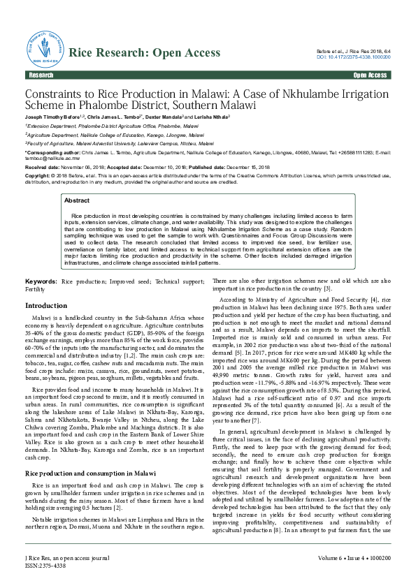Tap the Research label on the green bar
tap(41, 75)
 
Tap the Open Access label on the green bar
tap(370, 75)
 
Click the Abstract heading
tap(76, 200)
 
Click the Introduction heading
tap(46, 305)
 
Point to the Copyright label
tap(38, 177)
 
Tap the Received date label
tap(39, 168)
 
